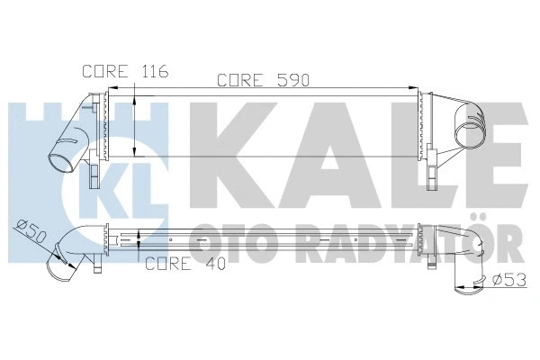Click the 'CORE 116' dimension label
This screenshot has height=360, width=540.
pos(113,70)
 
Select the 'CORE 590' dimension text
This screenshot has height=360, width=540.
pos(264,80)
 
